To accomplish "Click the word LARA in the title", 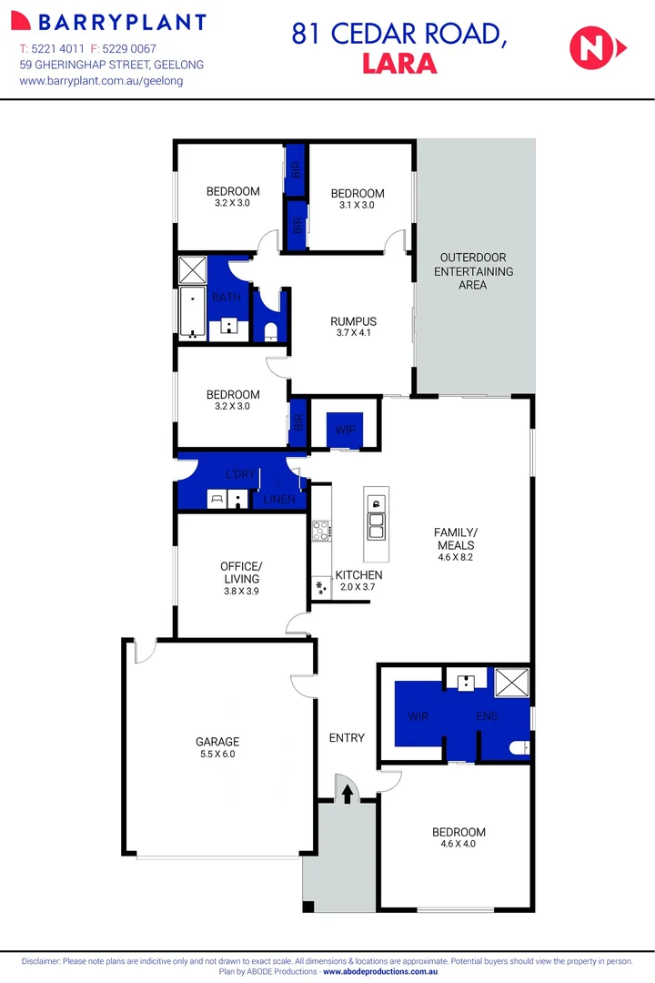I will point(399,64).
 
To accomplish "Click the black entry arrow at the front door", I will point(347,793).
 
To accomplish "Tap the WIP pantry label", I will point(345,429).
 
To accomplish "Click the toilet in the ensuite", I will point(519,747).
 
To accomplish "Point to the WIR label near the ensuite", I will point(418,716).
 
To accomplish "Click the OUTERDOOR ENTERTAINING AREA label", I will point(473,271).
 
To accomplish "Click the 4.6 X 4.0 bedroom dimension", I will point(458,844).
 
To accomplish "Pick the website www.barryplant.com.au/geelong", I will point(101,80).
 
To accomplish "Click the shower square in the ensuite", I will point(511,683).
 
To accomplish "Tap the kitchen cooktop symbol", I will point(321,530).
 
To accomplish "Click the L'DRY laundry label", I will point(241,473).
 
